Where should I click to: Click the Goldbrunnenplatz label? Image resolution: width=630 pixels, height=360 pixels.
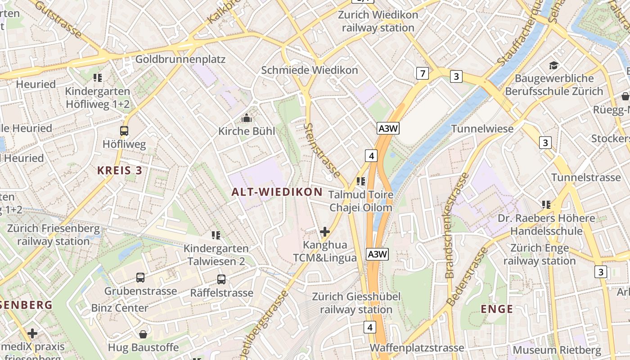[180, 59]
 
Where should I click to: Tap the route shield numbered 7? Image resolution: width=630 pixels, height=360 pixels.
[422, 73]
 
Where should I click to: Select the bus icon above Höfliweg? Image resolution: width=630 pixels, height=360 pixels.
[124, 131]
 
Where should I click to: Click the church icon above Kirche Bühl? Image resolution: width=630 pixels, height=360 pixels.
[246, 118]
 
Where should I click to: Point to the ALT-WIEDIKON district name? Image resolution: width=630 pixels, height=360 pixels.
[277, 192]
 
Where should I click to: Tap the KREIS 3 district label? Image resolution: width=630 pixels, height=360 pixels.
[120, 171]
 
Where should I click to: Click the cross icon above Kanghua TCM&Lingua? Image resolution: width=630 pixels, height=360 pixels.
[324, 232]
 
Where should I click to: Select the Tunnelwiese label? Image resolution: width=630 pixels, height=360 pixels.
[482, 129]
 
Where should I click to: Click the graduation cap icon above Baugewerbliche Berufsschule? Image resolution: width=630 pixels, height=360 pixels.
[553, 66]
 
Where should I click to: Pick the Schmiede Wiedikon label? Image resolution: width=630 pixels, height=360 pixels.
[310, 70]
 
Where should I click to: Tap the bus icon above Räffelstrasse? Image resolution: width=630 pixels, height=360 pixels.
[221, 279]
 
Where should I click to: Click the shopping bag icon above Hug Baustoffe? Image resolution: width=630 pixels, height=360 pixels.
[143, 334]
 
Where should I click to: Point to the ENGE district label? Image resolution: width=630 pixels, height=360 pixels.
[497, 309]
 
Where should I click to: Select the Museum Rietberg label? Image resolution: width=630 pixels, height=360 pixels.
[557, 350]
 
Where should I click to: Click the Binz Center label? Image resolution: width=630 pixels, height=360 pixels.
[120, 308]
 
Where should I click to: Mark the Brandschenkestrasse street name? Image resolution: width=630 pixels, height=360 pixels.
[456, 225]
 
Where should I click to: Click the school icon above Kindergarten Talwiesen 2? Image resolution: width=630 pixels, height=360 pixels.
[216, 235]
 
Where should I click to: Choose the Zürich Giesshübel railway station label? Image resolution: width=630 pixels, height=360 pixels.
[356, 303]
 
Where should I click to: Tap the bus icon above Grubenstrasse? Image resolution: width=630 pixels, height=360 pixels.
[140, 278]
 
